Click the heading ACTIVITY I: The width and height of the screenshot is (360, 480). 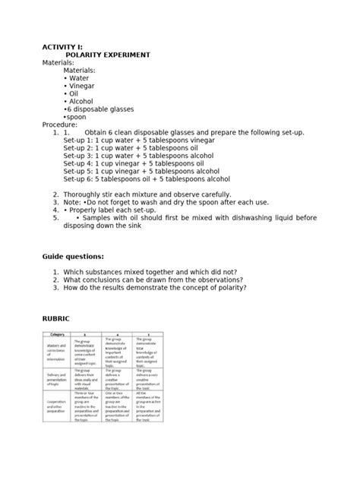pos(63,47)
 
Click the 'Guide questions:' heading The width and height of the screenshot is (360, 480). pos(77,258)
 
